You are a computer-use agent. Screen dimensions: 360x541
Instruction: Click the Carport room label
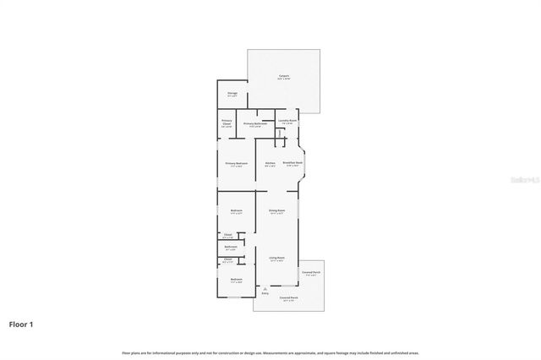pyautogui.click(x=284, y=76)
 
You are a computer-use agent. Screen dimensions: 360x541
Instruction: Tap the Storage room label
pyautogui.click(x=232, y=94)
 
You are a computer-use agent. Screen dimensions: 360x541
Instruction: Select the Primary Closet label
pyautogui.click(x=227, y=123)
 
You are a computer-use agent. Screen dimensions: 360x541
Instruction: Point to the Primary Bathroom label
pyautogui.click(x=255, y=124)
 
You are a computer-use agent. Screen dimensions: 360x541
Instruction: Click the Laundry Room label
pyautogui.click(x=287, y=121)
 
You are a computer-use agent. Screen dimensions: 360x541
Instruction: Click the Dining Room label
pyautogui.click(x=276, y=211)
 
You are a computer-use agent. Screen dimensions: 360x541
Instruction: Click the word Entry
pyautogui.click(x=265, y=293)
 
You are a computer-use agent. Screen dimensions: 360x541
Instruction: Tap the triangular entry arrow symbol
pyautogui.click(x=265, y=288)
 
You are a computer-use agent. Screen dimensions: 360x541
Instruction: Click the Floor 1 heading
pyautogui.click(x=22, y=324)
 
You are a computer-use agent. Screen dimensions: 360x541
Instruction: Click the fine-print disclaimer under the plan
pyautogui.click(x=270, y=352)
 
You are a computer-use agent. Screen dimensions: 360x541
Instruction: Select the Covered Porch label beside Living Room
pyautogui.click(x=310, y=273)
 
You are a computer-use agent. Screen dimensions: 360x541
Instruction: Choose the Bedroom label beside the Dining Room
pyautogui.click(x=237, y=211)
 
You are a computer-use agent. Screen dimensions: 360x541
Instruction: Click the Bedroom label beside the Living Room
pyautogui.click(x=237, y=280)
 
